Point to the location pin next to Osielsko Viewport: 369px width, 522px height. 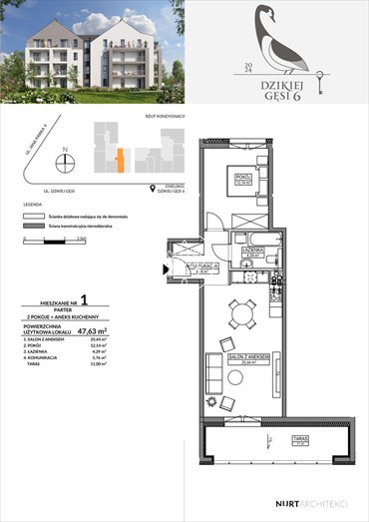coord(151,186)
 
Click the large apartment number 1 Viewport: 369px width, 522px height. coord(84,297)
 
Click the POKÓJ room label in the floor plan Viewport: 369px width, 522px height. coord(241,180)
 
